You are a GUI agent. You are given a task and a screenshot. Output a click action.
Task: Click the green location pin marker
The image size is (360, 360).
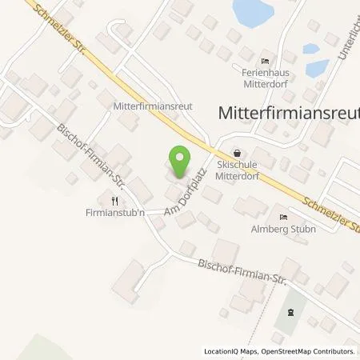180,160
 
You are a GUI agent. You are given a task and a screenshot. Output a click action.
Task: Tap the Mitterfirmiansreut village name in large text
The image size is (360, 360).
288,114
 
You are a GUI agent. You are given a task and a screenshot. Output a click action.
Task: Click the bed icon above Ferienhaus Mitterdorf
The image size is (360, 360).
266,61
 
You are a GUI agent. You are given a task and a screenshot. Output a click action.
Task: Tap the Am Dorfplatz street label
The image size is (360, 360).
186,194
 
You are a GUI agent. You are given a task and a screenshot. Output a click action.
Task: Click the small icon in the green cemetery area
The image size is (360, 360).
291,313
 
